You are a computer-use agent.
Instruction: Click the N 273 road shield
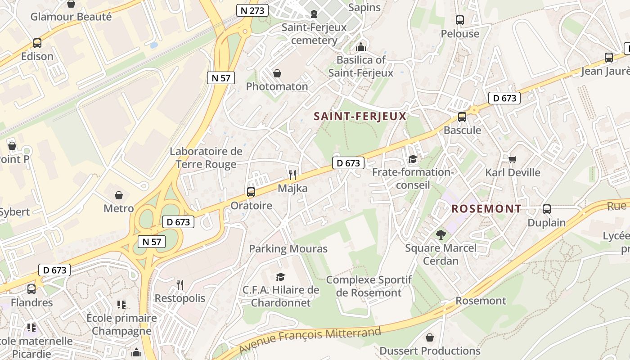pyautogui.click(x=252, y=10)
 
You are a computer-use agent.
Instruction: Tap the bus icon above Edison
pyautogui.click(x=37, y=43)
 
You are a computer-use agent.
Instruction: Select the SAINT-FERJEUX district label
pyautogui.click(x=360, y=116)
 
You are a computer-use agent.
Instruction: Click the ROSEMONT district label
pyautogui.click(x=486, y=209)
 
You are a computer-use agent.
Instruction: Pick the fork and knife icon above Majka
pyautogui.click(x=293, y=175)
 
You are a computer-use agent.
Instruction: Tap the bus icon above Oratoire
pyautogui.click(x=251, y=192)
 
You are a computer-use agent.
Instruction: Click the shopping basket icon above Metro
pyautogui.click(x=119, y=195)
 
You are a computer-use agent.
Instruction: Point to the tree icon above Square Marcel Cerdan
pyautogui.click(x=441, y=234)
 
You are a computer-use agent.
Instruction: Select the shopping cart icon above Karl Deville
pyautogui.click(x=513, y=159)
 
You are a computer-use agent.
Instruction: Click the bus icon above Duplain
pyautogui.click(x=547, y=209)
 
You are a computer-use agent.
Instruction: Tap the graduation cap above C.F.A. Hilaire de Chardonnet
pyautogui.click(x=281, y=277)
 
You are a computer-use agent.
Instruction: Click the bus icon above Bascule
pyautogui.click(x=462, y=117)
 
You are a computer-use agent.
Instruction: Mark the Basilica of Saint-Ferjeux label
pyautogui.click(x=361, y=66)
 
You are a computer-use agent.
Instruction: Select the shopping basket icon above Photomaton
pyautogui.click(x=277, y=73)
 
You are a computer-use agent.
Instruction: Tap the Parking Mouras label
pyautogui.click(x=288, y=248)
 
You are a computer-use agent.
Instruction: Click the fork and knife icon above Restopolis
pyautogui.click(x=180, y=284)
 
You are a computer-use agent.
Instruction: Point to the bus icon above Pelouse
pyautogui.click(x=460, y=20)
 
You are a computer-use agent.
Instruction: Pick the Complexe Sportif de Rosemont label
pyautogui.click(x=369, y=286)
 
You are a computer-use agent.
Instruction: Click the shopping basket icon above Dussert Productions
pyautogui.click(x=430, y=337)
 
